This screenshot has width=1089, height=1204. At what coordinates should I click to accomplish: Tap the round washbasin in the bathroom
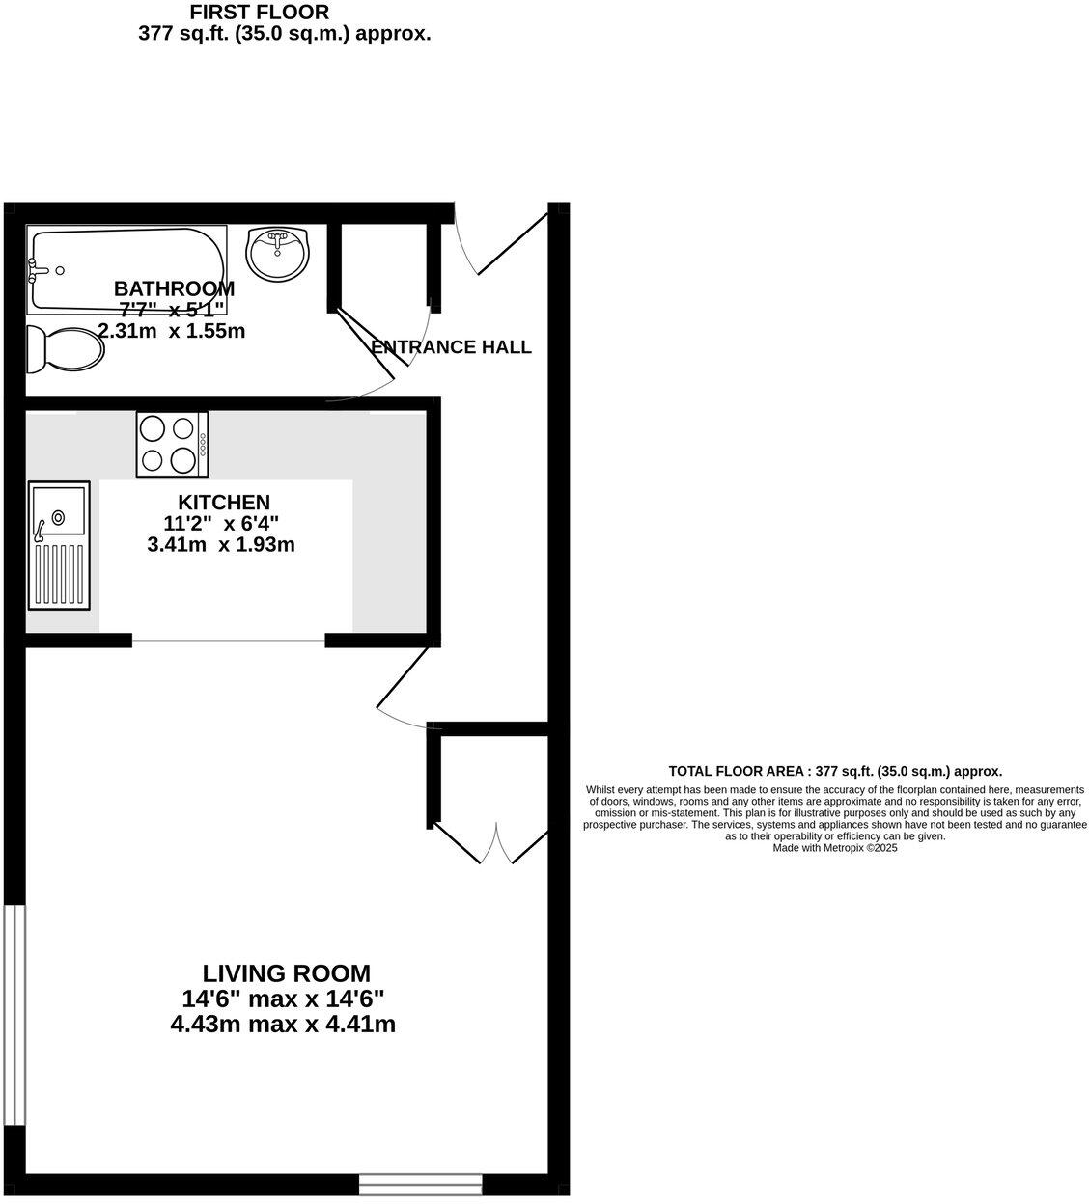(279, 254)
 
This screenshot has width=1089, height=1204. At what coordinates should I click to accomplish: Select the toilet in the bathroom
(64, 347)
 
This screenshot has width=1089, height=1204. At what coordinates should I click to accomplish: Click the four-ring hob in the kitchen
(173, 444)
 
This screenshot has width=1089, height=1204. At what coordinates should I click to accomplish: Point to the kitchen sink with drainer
(59, 545)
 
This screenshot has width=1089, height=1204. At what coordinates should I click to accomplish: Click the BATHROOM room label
(174, 288)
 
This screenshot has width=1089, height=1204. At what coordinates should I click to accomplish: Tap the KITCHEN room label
(224, 503)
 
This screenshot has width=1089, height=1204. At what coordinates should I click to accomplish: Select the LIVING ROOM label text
(286, 973)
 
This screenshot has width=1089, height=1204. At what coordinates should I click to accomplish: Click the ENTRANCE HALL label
(452, 347)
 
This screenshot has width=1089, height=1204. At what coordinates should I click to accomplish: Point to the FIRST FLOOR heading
(259, 13)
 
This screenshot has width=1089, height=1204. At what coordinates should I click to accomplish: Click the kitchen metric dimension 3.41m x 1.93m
(221, 545)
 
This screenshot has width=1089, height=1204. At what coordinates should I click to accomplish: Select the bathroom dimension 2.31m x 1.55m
(172, 331)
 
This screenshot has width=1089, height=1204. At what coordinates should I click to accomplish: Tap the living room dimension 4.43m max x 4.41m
(283, 1025)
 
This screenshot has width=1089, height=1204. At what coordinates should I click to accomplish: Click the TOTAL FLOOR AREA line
(835, 771)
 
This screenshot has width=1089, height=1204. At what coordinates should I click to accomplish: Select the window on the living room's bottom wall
(420, 1184)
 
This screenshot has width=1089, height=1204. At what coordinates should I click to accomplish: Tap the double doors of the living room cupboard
(498, 843)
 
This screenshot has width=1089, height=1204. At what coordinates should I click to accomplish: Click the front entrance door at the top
(497, 246)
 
